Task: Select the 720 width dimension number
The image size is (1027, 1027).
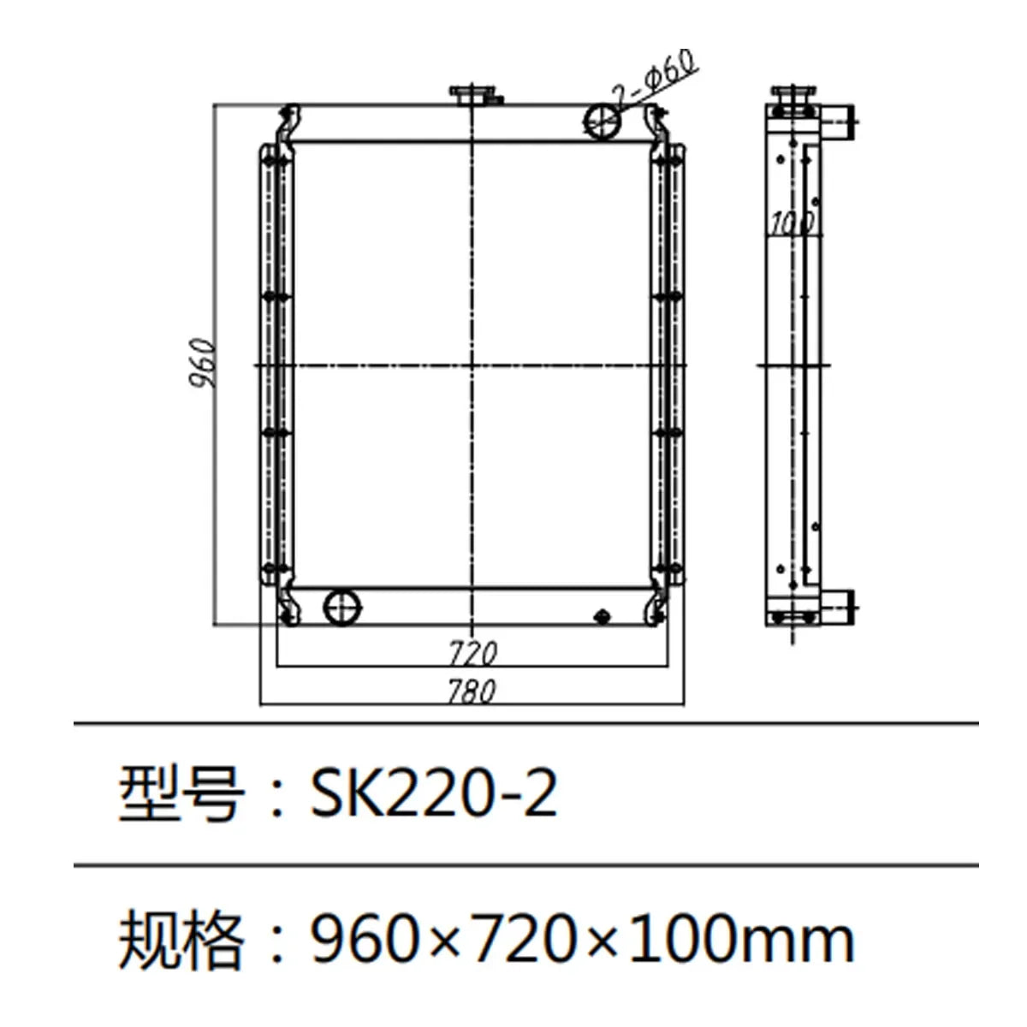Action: tap(472, 654)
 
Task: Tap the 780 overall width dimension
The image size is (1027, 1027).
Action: tap(472, 691)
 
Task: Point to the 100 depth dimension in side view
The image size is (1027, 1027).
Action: tap(791, 223)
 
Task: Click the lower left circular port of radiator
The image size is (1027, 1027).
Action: tap(342, 607)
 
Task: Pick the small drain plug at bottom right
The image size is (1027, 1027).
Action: tap(602, 614)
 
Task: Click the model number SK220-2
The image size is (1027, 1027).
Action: tap(434, 794)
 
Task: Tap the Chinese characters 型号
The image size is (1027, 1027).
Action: tap(180, 794)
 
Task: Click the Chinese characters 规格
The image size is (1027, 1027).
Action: tap(180, 939)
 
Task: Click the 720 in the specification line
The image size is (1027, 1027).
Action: tap(526, 939)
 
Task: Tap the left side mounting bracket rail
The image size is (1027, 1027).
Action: tap(274, 364)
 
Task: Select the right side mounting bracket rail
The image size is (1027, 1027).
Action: tap(668, 364)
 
